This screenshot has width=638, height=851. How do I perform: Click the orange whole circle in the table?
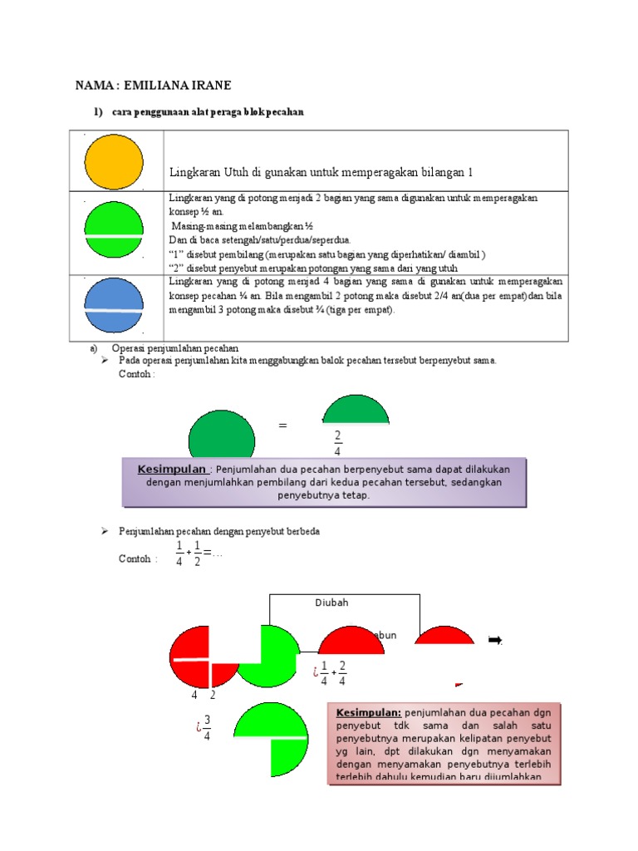(114, 161)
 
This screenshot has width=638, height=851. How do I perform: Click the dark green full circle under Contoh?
(222, 436)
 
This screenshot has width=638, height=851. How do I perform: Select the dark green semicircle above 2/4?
(356, 409)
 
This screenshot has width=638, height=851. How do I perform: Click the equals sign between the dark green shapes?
(282, 425)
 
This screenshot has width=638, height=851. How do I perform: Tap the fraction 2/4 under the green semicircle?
(337, 444)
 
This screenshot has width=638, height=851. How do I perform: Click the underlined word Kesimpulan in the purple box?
(171, 470)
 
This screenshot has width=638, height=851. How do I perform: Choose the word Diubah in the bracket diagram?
(331, 603)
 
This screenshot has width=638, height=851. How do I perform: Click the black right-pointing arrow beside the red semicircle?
(495, 639)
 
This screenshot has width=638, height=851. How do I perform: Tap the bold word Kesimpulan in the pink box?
(368, 713)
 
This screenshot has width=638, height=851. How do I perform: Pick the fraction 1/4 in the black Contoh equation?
(179, 553)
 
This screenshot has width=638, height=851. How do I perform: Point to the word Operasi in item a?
(138, 348)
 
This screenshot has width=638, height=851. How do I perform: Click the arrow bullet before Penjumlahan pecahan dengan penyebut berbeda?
(106, 530)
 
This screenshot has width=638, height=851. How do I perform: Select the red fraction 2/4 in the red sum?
(342, 673)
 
